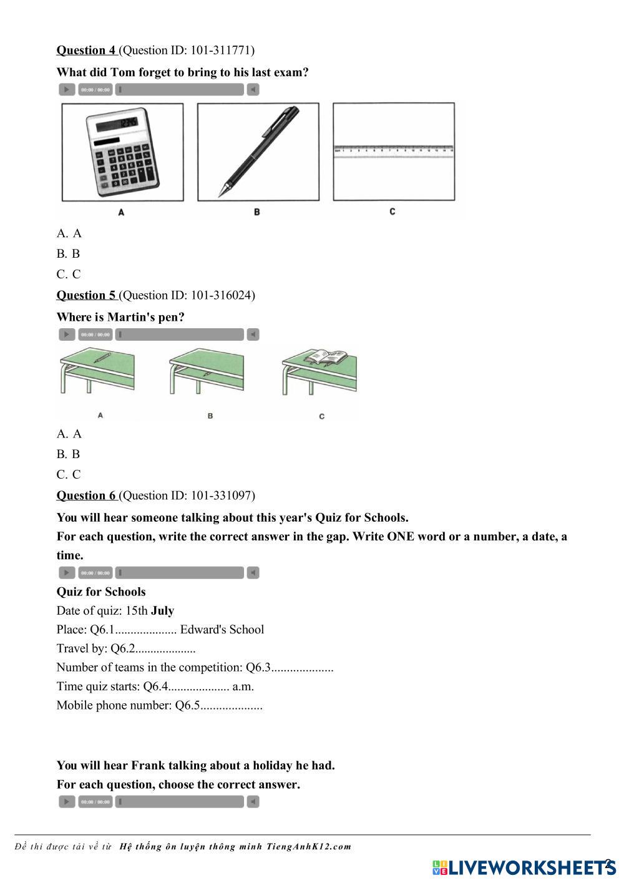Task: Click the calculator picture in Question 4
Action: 122,152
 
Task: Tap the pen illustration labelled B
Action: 258,152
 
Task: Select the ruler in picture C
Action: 394,150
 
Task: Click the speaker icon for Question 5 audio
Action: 253,334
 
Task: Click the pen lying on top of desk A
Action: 102,358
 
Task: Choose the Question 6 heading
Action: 86,495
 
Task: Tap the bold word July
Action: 162,611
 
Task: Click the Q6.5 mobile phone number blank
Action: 232,706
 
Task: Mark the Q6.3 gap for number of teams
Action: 302,668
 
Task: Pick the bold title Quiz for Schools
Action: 101,592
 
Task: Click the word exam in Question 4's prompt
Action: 292,72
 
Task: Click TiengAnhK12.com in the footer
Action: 308,847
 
